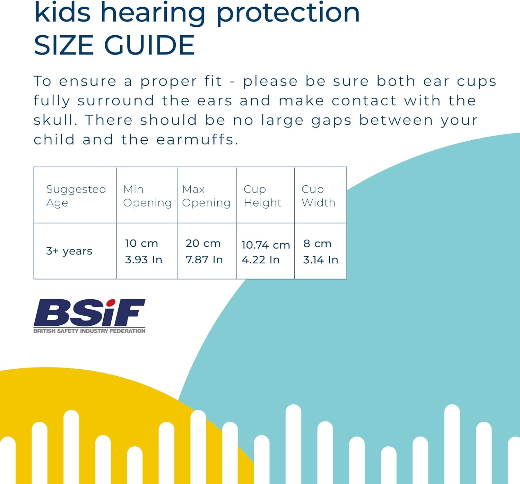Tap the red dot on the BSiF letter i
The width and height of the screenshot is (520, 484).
click(111, 303)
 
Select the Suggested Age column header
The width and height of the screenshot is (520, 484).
click(76, 196)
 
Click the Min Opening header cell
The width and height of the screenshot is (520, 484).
click(147, 196)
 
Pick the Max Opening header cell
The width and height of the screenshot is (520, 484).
click(206, 196)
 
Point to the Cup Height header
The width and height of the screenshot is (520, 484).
click(262, 196)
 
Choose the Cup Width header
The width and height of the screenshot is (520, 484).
click(319, 196)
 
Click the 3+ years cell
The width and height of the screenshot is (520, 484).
click(69, 251)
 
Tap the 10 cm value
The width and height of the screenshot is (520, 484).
click(141, 244)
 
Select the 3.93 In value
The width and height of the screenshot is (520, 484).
click(144, 260)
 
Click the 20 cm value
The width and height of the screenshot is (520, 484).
click(203, 244)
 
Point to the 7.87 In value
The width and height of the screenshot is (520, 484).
click(204, 260)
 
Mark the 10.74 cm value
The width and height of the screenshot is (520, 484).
click(266, 245)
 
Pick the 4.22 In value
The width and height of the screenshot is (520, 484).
click(261, 260)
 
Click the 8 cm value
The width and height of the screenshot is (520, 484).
click(317, 244)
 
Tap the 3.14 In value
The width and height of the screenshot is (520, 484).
click(321, 260)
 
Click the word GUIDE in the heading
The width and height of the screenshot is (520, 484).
click(149, 45)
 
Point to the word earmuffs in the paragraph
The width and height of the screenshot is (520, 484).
click(197, 140)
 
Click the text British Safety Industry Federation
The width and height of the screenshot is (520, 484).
click(89, 331)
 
